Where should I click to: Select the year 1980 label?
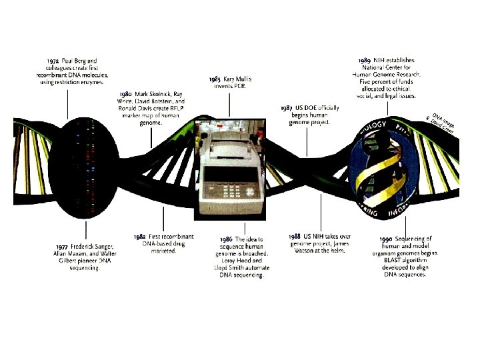pyautogui.click(x=125, y=95)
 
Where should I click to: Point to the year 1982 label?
pyautogui.click(x=139, y=237)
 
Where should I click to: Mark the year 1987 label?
pyautogui.click(x=287, y=107)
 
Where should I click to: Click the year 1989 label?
pyautogui.click(x=365, y=61)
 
